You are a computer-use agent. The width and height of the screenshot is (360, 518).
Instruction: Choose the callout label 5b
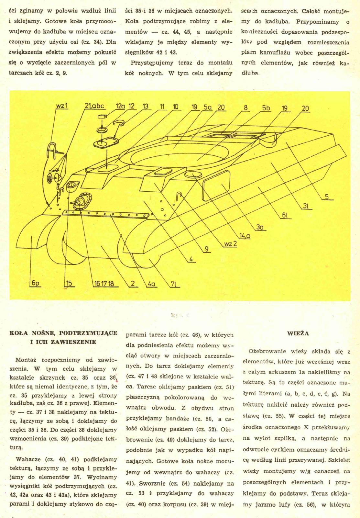click(266, 108)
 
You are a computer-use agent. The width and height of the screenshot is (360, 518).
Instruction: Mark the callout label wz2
click(231, 244)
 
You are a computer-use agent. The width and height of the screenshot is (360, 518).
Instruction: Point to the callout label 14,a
click(245, 236)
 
